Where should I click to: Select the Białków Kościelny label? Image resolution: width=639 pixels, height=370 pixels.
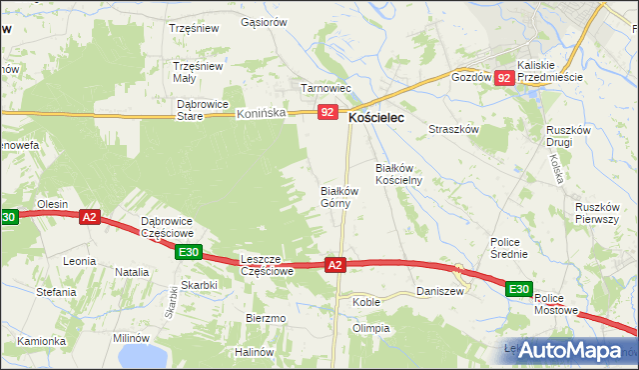pyautogui.click(x=399, y=174)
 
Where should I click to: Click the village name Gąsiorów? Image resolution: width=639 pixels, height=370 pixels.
pyautogui.click(x=264, y=22)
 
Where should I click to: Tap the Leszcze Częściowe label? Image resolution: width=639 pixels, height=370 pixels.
pyautogui.click(x=267, y=264)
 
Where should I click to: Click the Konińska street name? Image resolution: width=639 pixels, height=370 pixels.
pyautogui.click(x=262, y=114)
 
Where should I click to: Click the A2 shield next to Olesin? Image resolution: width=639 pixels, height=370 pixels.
pyautogui.click(x=90, y=217)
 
